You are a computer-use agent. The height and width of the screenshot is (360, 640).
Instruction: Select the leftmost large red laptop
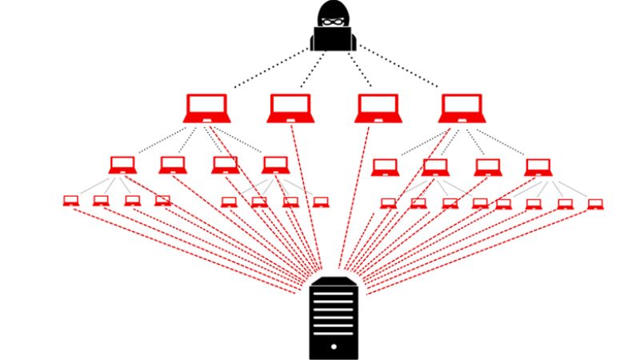tap(207, 108)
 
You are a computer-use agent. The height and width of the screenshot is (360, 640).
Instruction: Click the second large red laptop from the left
tap(290, 108)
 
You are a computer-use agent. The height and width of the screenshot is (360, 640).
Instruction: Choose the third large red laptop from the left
tap(377, 108)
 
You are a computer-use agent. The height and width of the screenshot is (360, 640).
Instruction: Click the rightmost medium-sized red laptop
tap(538, 166)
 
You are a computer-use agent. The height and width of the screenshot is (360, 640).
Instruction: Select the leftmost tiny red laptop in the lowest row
tap(70, 201)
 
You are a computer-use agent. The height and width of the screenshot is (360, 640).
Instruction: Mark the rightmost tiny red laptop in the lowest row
tap(594, 204)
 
